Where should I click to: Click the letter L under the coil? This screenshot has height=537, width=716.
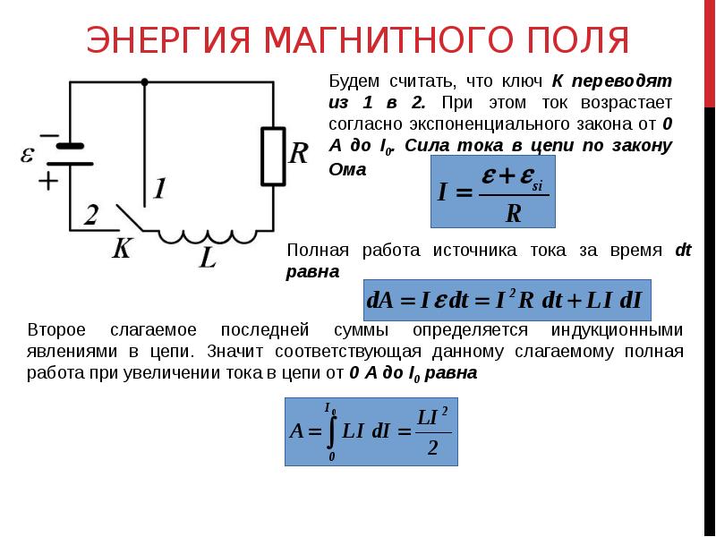pyautogui.click(x=208, y=260)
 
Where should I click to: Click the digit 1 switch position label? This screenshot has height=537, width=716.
pyautogui.click(x=158, y=189)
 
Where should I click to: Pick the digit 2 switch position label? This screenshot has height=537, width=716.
pyautogui.click(x=91, y=214)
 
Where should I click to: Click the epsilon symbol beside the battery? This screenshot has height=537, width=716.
pyautogui.click(x=28, y=154)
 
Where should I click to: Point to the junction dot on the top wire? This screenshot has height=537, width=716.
pyautogui.click(x=144, y=81)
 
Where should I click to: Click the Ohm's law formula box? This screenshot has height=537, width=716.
pyautogui.click(x=493, y=191)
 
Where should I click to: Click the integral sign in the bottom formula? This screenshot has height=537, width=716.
pyautogui.click(x=331, y=430)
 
